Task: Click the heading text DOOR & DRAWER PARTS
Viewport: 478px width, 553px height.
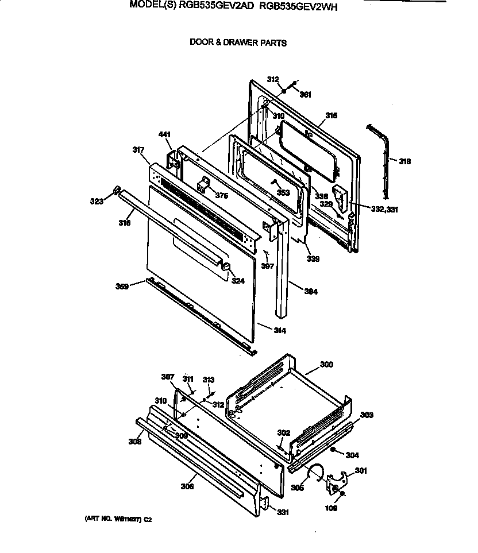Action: [238, 42]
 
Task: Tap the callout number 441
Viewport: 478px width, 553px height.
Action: [165, 135]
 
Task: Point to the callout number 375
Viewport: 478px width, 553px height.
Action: [222, 196]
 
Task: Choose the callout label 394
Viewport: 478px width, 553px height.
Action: [311, 292]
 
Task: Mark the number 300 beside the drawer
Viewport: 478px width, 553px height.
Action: [326, 365]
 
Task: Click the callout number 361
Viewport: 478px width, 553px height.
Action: [306, 95]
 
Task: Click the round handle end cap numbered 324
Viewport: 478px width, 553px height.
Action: [226, 267]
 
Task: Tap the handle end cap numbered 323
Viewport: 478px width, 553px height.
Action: [117, 190]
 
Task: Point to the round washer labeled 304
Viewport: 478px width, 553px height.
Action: [333, 450]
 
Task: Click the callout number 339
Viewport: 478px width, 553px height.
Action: [313, 259]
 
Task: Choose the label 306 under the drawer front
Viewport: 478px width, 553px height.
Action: [187, 486]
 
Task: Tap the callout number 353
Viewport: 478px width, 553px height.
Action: [283, 193]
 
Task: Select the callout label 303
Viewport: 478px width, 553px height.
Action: [367, 415]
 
